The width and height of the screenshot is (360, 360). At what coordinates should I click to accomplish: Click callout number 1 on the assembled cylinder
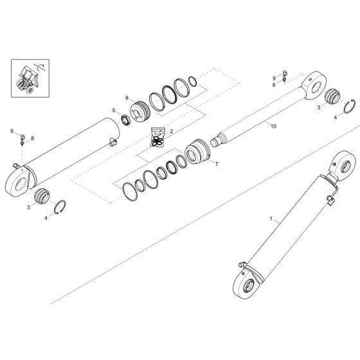(x=271, y=220)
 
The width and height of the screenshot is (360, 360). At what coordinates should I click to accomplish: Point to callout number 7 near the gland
(x=217, y=164)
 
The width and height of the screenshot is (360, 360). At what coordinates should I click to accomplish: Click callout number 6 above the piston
(x=127, y=98)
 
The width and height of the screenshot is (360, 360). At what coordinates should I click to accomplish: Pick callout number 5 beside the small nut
(x=114, y=110)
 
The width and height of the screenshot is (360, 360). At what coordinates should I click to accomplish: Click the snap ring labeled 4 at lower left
(x=59, y=207)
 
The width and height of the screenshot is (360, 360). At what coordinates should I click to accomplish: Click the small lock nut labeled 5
(x=125, y=118)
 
